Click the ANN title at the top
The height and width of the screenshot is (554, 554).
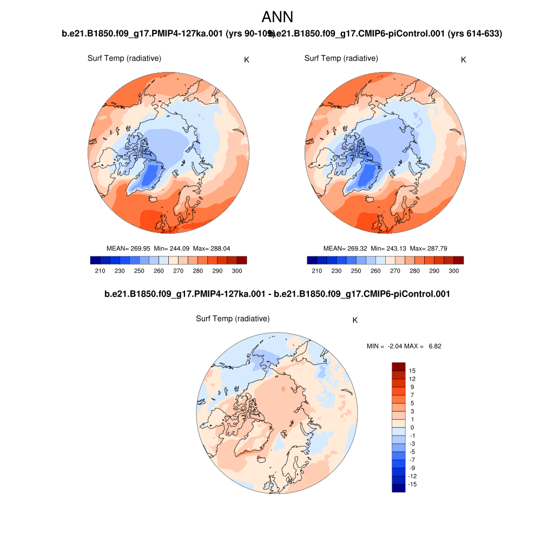pos(277,17)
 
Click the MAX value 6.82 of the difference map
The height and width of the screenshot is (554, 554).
pos(434,346)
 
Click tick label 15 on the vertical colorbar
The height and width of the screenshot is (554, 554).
pos(412,371)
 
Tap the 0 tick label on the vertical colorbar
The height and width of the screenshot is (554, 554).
pos(412,427)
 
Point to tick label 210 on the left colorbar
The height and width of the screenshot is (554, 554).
pos(100,271)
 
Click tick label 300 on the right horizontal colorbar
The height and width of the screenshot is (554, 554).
pos(453,271)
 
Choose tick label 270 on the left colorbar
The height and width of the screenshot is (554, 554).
pos(179,271)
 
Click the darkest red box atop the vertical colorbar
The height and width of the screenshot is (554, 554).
pos(398,367)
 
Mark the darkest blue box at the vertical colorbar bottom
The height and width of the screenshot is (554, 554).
pos(398,488)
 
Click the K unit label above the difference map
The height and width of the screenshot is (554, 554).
pos(355,320)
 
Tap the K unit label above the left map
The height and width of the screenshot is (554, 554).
pos(246,60)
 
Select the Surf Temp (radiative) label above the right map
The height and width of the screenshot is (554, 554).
pos(341,58)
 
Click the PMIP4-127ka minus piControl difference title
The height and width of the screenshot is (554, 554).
pos(277,294)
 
